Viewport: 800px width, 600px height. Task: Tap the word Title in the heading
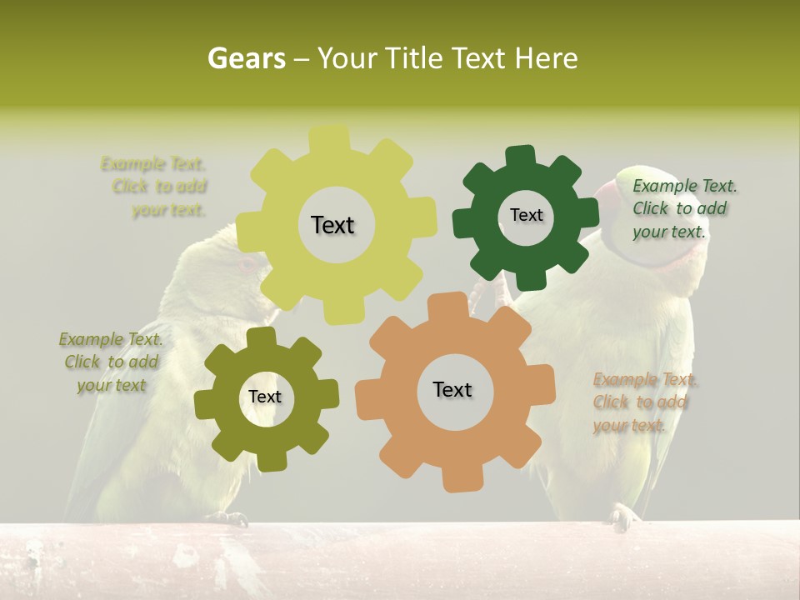pos(415,58)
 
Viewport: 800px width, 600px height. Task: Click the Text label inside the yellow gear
pos(332,225)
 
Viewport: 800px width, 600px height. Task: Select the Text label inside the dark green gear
pos(526,215)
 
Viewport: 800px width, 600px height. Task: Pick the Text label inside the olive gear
pos(265,397)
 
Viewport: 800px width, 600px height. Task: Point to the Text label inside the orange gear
pos(452,389)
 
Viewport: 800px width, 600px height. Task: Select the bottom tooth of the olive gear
pos(267,461)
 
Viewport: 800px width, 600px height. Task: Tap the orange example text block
pos(643,402)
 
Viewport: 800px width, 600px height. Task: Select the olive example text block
pos(112,362)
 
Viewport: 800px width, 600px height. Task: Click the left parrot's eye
pos(247,263)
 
